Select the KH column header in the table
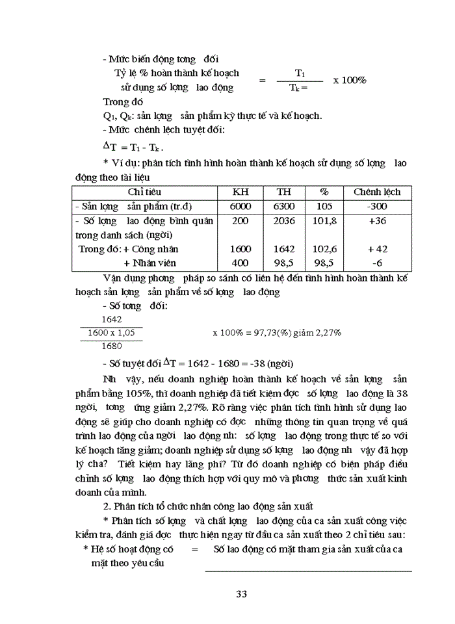(x=240, y=192)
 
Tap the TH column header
(x=284, y=192)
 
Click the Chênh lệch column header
(x=377, y=192)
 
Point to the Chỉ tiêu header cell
(x=144, y=192)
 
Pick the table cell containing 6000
(x=240, y=206)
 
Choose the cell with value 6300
(x=284, y=206)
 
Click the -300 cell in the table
(x=377, y=206)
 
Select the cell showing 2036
(x=284, y=220)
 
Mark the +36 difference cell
(x=377, y=220)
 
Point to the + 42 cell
(x=377, y=249)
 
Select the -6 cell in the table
(x=377, y=263)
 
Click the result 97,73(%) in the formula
(x=278, y=332)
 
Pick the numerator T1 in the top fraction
(x=300, y=73)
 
